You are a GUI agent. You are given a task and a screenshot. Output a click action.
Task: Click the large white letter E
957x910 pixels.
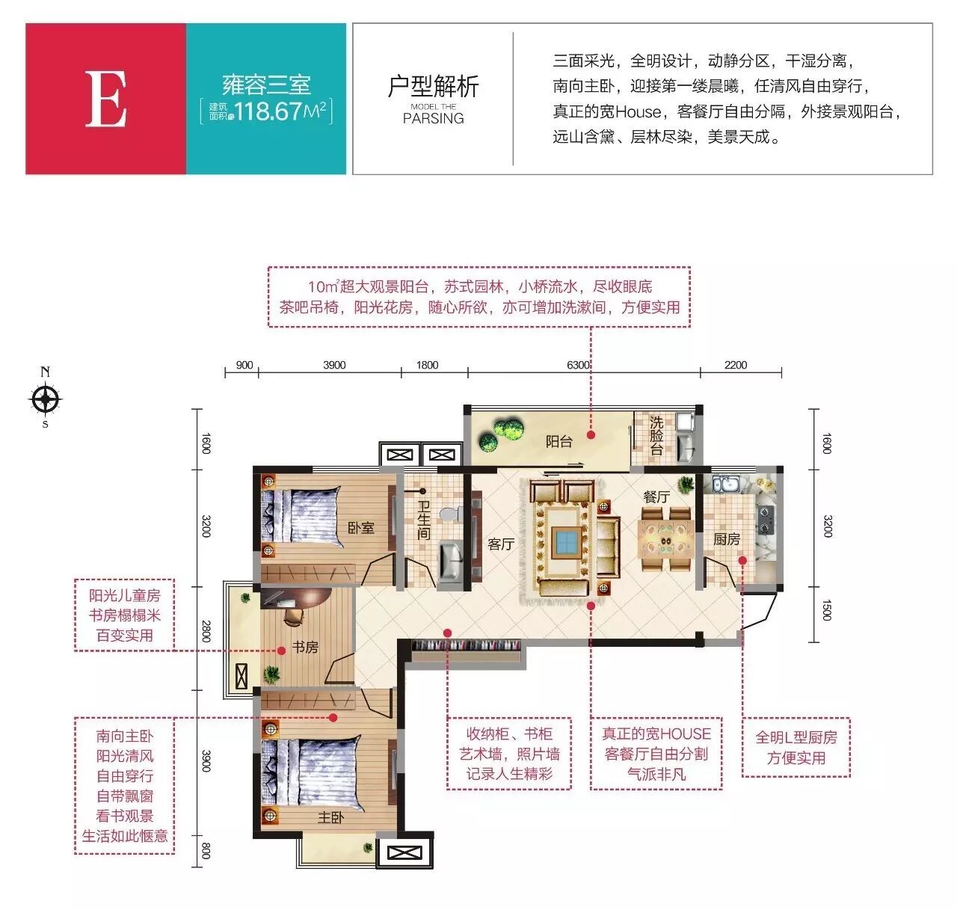[x=105, y=99]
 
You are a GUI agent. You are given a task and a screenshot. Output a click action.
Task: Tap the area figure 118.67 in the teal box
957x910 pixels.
[x=268, y=111]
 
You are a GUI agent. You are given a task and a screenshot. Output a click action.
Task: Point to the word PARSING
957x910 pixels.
[x=433, y=118]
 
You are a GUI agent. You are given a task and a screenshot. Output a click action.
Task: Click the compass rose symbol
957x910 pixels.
[x=46, y=399]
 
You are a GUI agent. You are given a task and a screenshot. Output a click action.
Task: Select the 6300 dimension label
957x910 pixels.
[x=578, y=365]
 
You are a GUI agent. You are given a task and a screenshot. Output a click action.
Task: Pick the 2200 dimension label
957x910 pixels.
[x=735, y=365]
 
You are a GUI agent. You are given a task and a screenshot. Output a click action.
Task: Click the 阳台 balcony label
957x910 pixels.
[x=558, y=442]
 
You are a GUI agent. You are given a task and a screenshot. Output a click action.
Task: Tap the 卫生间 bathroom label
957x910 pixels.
[x=423, y=520]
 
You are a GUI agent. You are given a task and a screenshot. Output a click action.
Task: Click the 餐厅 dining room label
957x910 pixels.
[x=656, y=496]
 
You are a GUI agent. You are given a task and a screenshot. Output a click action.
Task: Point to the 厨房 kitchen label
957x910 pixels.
[x=726, y=539]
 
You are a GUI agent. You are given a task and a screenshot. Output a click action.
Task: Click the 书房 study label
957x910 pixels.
[x=305, y=647]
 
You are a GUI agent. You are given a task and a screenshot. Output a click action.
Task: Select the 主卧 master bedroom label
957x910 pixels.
[x=330, y=817]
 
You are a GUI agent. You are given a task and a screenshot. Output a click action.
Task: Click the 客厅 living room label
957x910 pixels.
[x=501, y=544]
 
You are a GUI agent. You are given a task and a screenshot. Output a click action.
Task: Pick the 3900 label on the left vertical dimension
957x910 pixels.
[x=206, y=761]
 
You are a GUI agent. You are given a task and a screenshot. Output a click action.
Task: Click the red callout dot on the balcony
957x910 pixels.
[x=591, y=434]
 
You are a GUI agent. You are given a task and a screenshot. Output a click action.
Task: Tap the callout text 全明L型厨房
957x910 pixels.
[x=796, y=737]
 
